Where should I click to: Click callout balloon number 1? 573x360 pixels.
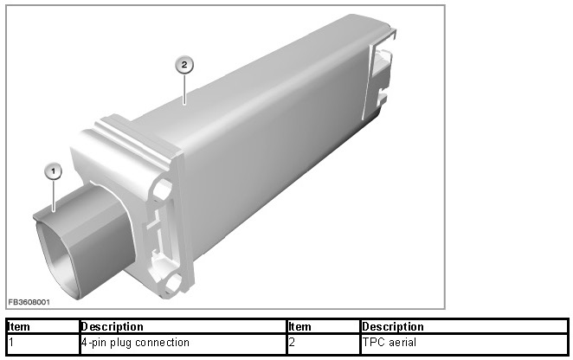(x=54, y=171)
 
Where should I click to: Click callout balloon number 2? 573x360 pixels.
(x=184, y=65)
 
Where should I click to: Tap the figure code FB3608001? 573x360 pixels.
(x=29, y=302)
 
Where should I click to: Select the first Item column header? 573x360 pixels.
(x=19, y=326)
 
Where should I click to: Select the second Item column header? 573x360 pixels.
(x=300, y=326)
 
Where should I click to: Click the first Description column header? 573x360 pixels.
(x=112, y=326)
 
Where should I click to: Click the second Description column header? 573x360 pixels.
(x=393, y=326)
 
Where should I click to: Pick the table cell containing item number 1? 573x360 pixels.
(x=43, y=343)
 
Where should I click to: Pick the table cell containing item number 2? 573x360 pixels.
(x=324, y=343)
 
